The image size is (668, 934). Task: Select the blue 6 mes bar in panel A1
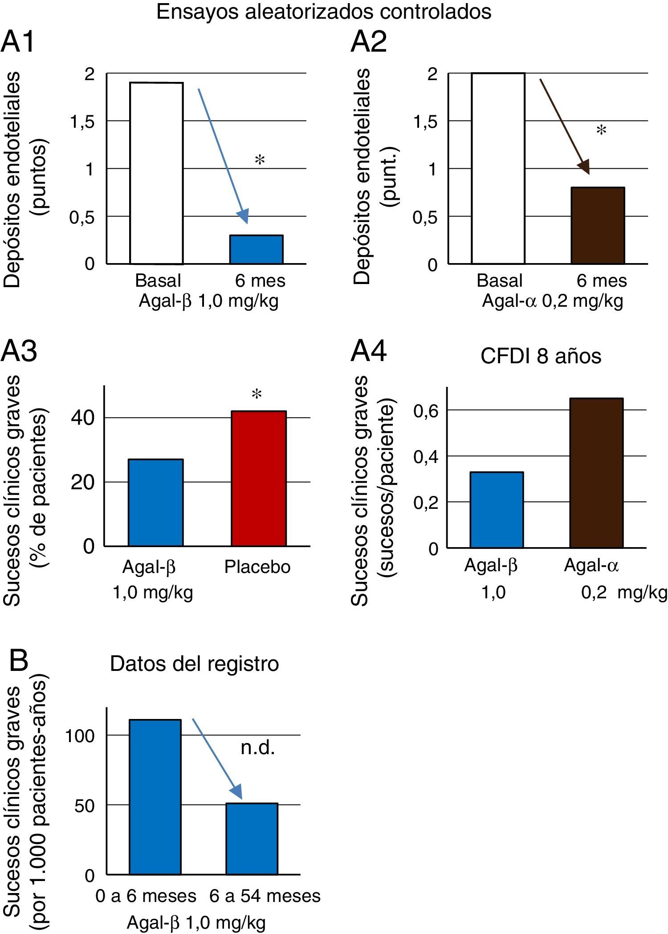pyautogui.click(x=256, y=249)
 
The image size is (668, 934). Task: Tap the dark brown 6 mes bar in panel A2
pyautogui.click(x=598, y=225)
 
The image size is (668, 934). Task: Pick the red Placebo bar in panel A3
pyautogui.click(x=259, y=478)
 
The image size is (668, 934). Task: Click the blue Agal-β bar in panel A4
pyautogui.click(x=497, y=509)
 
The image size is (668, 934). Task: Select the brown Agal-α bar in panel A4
pyautogui.click(x=596, y=472)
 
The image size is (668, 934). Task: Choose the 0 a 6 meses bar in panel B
pyautogui.click(x=155, y=796)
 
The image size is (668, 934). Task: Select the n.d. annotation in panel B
pyautogui.click(x=257, y=747)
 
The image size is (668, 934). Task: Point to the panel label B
pyautogui.click(x=19, y=661)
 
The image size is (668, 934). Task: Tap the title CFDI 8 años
pyautogui.click(x=541, y=356)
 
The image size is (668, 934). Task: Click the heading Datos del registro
pyautogui.click(x=194, y=664)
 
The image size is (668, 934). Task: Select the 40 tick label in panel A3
pyautogui.click(x=83, y=418)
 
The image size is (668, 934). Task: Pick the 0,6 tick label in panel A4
pyautogui.click(x=426, y=410)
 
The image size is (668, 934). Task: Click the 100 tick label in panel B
pyautogui.click(x=80, y=735)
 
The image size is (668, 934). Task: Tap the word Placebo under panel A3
pyautogui.click(x=257, y=567)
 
